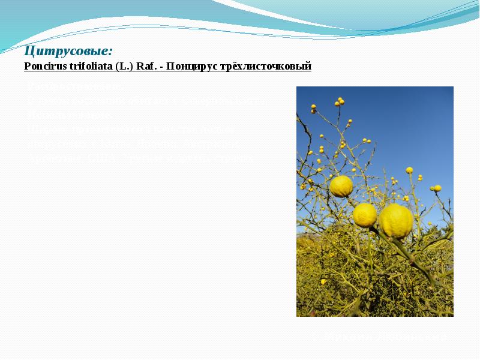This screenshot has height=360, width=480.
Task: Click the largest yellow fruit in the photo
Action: click(396, 221)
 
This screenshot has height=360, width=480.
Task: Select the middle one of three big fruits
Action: click(365, 215)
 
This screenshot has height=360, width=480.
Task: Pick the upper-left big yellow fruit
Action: click(341, 186)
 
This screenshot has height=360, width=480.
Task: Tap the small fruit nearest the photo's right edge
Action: click(437, 188)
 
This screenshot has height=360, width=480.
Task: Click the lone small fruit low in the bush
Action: click(323, 281)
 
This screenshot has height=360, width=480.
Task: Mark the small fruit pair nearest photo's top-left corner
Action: click(313, 109)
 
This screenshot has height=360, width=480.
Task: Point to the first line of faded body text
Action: click(75, 88)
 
